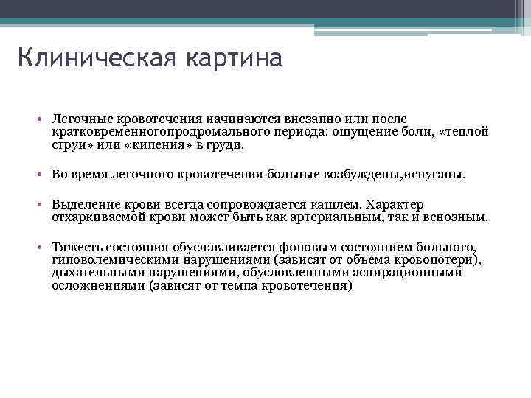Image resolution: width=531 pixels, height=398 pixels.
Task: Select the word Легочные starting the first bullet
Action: (x=78, y=119)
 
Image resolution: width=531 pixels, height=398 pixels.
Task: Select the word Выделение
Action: (x=83, y=205)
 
